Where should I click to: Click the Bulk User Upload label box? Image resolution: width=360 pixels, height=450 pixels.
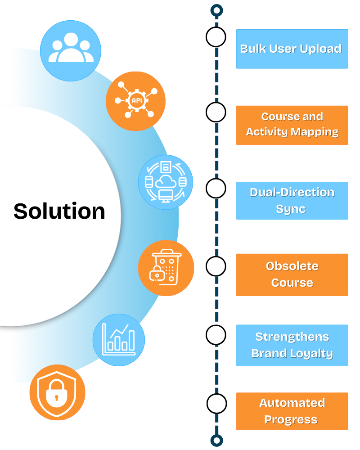pos(292,49)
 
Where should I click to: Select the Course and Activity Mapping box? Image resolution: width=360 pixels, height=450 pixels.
pos(292,125)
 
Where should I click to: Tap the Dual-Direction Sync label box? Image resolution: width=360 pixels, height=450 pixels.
pos(292,201)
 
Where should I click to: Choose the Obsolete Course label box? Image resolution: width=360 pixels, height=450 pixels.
pos(292,274)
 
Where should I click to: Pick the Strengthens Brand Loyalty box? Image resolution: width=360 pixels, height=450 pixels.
pos(292,345)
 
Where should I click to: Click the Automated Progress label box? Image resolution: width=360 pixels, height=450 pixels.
pos(292,411)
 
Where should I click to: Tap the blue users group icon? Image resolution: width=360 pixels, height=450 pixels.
pos(71,50)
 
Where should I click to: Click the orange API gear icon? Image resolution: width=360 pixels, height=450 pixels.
pos(135,101)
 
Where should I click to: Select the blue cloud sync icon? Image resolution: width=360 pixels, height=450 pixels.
pos(166,182)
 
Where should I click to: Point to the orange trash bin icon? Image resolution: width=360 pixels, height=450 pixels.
pos(166,268)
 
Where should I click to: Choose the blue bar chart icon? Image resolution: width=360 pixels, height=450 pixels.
pos(119,340)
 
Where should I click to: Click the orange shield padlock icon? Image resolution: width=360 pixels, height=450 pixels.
pos(57,392)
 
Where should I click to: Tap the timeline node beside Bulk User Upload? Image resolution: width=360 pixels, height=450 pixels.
pos(216,37)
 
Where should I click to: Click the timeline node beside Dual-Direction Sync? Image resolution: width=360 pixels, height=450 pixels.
pos(216,188)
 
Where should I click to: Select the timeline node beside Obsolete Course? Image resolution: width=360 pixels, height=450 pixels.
pos(216,266)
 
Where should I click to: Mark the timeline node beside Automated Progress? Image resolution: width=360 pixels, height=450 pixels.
pos(216,403)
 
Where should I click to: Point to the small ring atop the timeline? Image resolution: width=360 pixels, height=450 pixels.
pos(217,10)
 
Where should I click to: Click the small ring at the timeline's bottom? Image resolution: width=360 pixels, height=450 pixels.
pos(217,440)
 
